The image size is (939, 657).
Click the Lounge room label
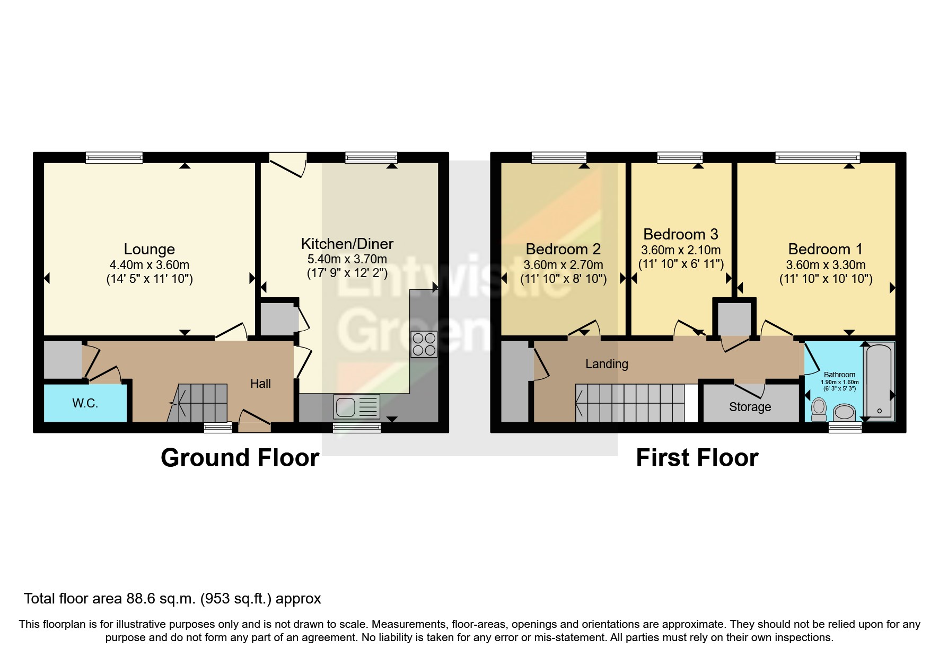(149, 249)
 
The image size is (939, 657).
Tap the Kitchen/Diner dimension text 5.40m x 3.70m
(347, 259)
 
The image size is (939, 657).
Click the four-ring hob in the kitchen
(424, 344)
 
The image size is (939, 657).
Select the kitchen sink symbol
(357, 407)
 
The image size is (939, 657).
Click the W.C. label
(85, 403)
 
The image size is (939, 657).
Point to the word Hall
(260, 384)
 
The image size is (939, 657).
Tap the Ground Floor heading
(240, 458)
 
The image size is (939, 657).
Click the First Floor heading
(697, 458)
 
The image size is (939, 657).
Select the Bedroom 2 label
(563, 249)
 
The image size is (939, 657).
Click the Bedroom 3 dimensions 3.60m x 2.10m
(681, 250)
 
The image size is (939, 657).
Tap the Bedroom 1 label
(825, 249)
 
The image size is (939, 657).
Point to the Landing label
(607, 364)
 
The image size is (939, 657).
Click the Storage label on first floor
(750, 407)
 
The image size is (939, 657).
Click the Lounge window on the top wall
(114, 157)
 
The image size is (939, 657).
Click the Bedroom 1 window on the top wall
(817, 157)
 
